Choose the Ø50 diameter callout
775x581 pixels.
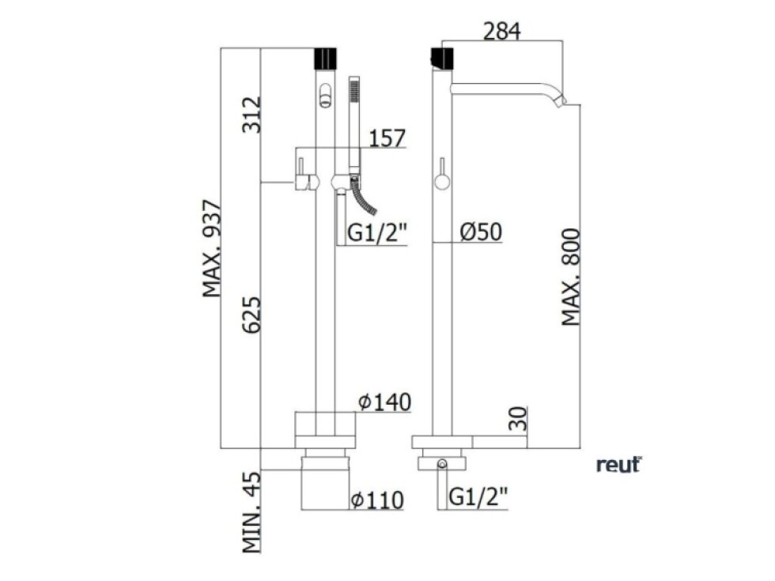pos(481,232)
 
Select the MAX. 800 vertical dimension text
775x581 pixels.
pos(572,277)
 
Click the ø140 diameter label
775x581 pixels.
pos(384,402)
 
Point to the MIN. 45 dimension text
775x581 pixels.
pos(251,510)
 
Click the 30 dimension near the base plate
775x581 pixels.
pos(518,418)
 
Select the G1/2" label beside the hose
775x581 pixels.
pos(378,233)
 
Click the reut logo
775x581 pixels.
pos(618,465)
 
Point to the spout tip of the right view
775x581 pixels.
pos(562,101)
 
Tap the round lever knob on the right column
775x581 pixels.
pos(440,183)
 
